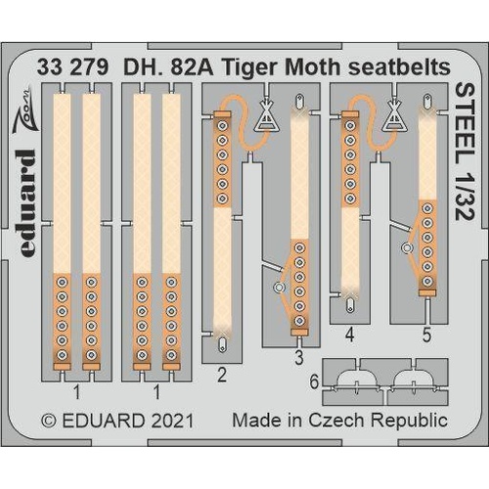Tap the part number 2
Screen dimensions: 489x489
223,373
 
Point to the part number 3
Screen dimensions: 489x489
299,358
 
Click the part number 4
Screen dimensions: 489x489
350,334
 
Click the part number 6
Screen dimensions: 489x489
313,382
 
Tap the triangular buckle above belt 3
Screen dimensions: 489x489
265,118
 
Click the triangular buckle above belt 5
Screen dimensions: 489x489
394,117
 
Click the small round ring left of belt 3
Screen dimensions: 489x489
280,288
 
